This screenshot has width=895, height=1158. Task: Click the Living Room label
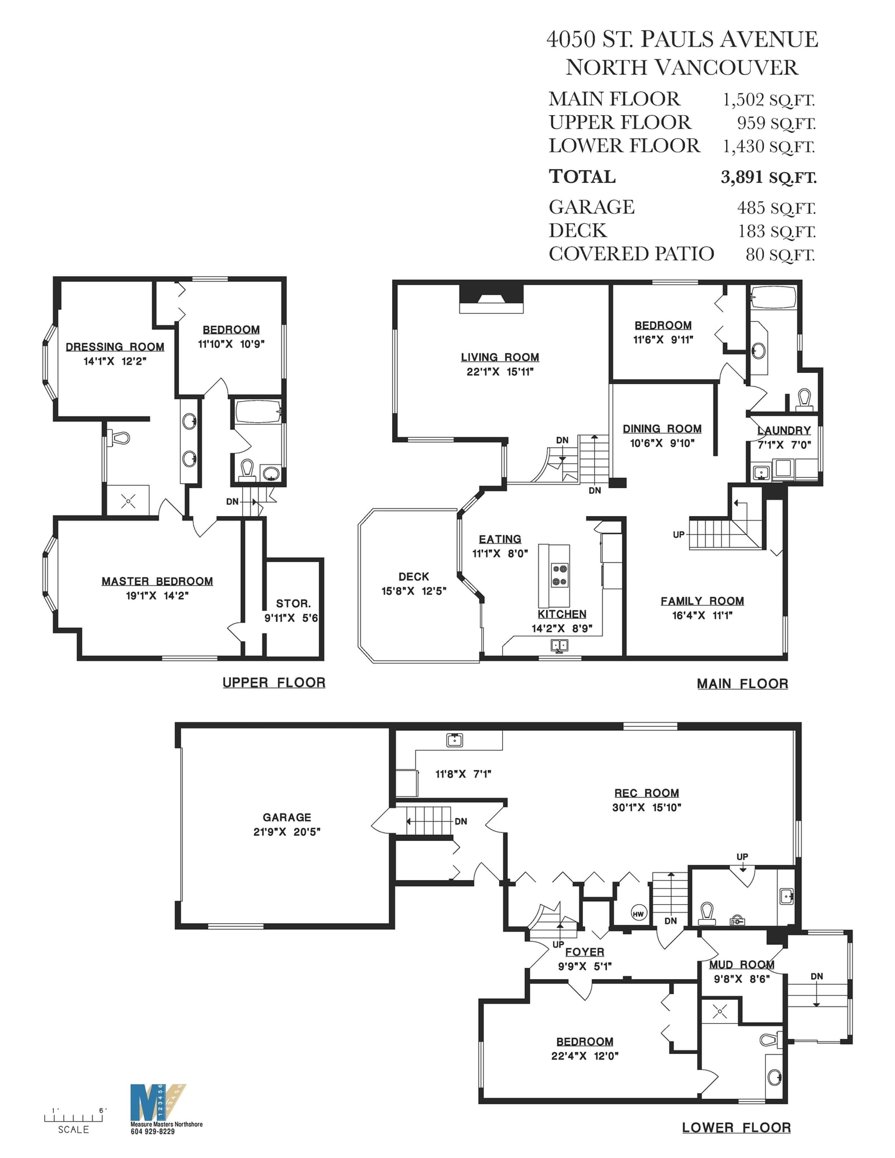coord(500,357)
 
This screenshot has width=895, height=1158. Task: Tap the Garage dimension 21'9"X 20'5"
coord(287,831)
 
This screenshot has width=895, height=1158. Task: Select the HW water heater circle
coord(638,914)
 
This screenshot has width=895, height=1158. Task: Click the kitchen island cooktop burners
coord(559,575)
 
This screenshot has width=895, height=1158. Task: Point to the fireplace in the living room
coord(492,299)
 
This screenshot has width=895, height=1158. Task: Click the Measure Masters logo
coord(158,1103)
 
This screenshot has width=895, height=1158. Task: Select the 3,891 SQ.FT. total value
coord(769,177)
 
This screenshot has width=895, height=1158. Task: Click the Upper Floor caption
coord(274,683)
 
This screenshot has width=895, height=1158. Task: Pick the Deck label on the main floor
coord(414,576)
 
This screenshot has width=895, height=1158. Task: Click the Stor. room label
coord(293,604)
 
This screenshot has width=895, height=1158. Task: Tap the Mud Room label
coord(742,965)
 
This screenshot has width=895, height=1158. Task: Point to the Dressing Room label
coord(115,347)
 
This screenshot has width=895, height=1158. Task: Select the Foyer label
coord(585,952)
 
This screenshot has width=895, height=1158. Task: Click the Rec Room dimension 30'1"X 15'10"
coord(647,807)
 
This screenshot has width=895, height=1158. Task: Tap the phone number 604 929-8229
coord(152,1132)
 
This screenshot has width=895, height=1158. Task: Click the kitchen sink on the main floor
coord(559,646)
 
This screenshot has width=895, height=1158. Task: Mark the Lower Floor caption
coord(736,1128)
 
